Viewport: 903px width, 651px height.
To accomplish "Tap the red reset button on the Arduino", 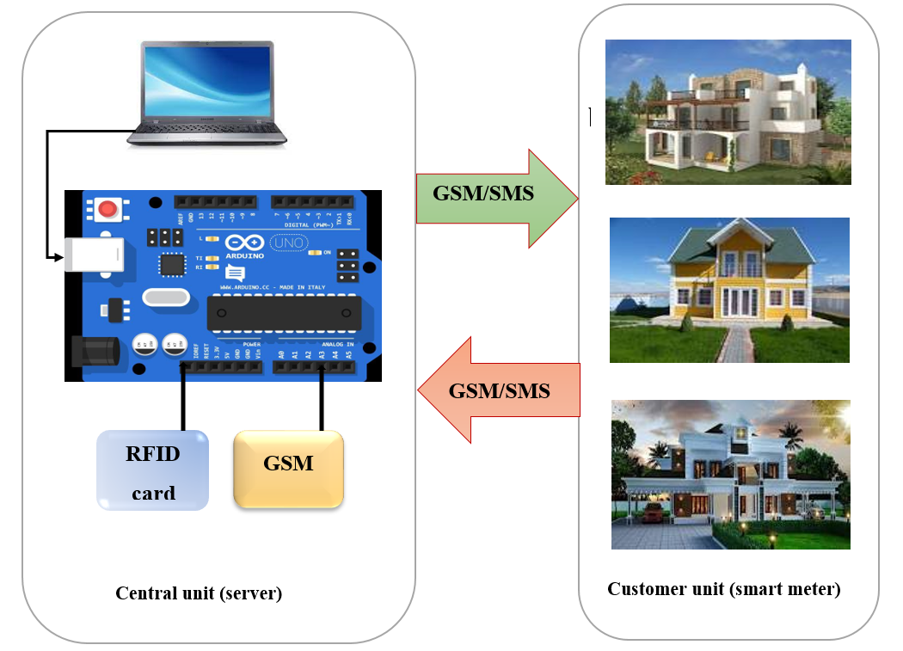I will (107, 209).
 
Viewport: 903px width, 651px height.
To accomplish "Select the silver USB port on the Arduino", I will (94, 255).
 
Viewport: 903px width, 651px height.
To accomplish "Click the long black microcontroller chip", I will (284, 313).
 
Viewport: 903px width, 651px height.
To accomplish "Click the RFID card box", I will (152, 470).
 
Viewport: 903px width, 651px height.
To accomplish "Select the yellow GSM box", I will (288, 468).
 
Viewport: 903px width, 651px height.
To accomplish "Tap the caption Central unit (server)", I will (199, 593).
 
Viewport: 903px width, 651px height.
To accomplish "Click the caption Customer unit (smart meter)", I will (723, 589).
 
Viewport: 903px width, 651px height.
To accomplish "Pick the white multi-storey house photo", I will (728, 112).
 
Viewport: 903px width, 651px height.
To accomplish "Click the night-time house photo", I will (730, 474).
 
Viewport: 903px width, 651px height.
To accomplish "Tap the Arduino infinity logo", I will (244, 243).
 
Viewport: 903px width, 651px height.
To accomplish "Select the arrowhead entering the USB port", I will (58, 256).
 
